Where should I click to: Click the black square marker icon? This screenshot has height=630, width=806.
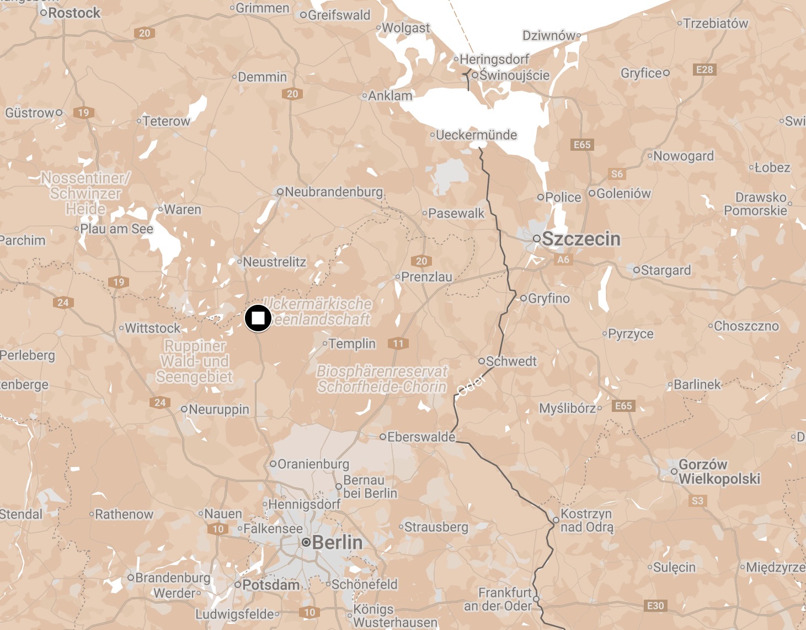pos(258,318)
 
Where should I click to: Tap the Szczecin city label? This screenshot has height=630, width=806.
pos(581,239)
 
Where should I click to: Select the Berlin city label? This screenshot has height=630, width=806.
pos(337,542)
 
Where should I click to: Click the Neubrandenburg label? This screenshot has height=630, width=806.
pos(334,192)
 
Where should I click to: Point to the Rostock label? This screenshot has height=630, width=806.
pos(74,13)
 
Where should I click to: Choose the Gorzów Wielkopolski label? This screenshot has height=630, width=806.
pos(719,472)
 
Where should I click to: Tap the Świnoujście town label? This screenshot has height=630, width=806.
pos(514,75)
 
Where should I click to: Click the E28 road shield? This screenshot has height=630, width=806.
pos(704,70)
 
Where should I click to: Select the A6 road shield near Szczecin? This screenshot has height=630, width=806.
pos(563,260)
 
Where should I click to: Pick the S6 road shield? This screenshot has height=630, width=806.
pos(617,174)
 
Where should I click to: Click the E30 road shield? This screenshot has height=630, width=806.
pos(655,606)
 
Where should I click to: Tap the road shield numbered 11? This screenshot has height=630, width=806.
pos(398,343)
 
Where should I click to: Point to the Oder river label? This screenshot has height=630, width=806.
pos(471,384)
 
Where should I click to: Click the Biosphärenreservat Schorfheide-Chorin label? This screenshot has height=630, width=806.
pos(382,379)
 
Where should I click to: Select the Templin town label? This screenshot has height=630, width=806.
pos(352,344)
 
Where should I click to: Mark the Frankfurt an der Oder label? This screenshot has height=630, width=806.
pos(498,599)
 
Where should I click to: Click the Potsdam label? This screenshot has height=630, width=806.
pos(271,585)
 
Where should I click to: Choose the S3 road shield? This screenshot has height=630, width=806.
pos(697,501)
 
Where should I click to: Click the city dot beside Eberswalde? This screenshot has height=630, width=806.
pos(382,437)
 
